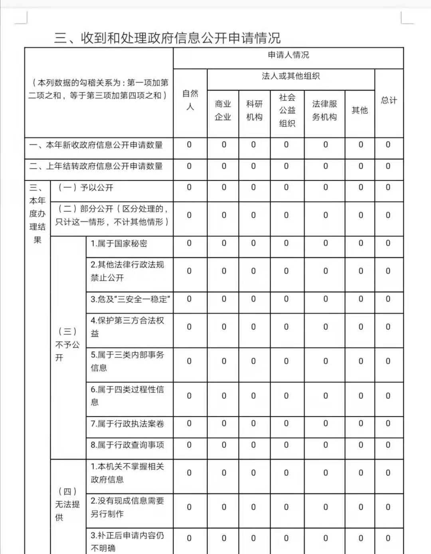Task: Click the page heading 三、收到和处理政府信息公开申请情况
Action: click(x=167, y=38)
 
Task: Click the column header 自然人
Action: click(x=190, y=100)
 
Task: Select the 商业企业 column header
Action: click(x=223, y=110)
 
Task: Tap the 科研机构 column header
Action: click(x=254, y=110)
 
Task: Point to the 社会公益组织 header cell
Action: click(x=287, y=110)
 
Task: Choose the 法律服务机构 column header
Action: click(x=324, y=110)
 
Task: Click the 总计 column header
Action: click(x=389, y=100)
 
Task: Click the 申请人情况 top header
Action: click(x=288, y=55)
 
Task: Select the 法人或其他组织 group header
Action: click(x=291, y=76)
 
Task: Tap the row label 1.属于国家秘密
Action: click(x=119, y=243)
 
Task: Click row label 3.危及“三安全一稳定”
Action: click(x=130, y=299)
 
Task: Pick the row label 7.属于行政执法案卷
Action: click(x=127, y=424)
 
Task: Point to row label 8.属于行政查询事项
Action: click(x=127, y=445)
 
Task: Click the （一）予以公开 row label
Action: click(x=85, y=187)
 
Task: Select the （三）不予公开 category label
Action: click(x=67, y=344)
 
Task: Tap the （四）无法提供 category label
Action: click(x=67, y=504)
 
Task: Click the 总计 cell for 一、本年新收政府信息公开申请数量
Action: click(x=388, y=145)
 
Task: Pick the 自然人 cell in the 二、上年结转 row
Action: click(x=189, y=166)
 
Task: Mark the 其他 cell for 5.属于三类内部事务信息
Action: click(x=361, y=361)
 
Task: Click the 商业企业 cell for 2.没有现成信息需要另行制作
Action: click(x=224, y=507)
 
